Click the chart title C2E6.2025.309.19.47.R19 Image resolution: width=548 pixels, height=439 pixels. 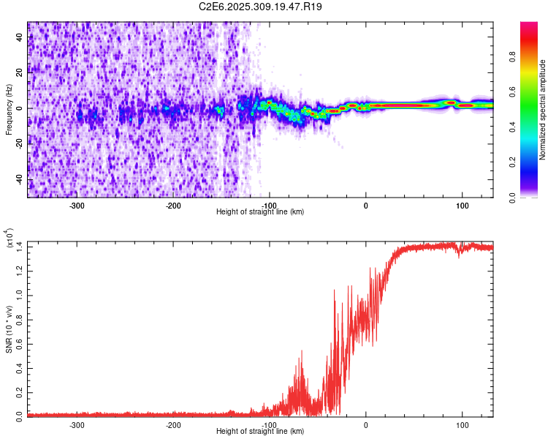click(261, 7)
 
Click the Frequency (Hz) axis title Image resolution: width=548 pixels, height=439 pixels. click(9, 110)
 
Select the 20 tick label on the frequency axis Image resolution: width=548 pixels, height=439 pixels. click(20, 72)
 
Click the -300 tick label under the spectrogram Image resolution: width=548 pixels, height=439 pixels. click(77, 205)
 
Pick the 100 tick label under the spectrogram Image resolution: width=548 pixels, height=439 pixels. click(462, 205)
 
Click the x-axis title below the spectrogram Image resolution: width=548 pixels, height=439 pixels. click(260, 212)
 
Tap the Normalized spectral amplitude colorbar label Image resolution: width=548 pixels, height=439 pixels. click(542, 110)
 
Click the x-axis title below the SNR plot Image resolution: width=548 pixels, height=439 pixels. click(260, 432)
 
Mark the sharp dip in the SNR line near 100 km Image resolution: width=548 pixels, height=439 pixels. click(458, 256)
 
